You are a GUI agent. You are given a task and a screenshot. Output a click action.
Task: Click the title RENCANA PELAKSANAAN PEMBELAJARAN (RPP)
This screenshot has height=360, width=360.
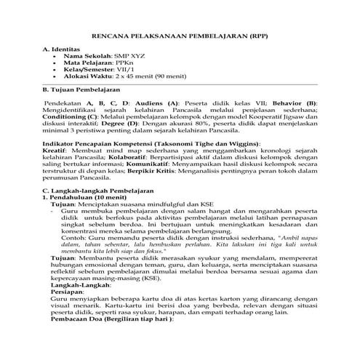coord(180,35)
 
